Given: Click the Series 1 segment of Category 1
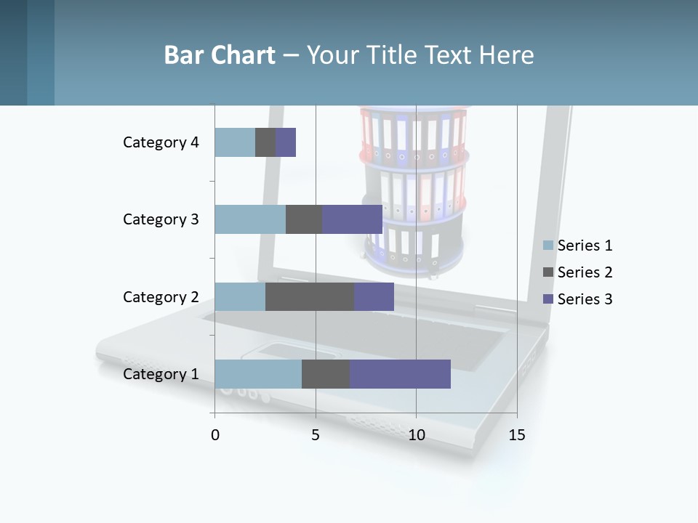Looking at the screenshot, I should (258, 374).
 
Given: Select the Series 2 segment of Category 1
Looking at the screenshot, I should (326, 374).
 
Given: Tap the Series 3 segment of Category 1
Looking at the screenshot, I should (400, 374).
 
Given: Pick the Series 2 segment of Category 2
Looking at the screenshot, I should (310, 296).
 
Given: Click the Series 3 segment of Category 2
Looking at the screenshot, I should (374, 296).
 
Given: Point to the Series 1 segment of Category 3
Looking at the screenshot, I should (250, 219).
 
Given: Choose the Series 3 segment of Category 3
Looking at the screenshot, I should (352, 219).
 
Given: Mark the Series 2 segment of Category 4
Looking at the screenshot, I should (265, 142).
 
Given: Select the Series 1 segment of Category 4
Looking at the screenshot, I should (235, 142).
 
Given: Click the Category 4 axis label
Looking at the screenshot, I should (161, 142).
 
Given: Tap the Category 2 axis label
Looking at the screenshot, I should (161, 296).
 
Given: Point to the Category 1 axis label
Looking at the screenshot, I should (161, 374).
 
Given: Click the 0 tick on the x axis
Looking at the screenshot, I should (215, 435).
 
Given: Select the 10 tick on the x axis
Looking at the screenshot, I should (416, 435).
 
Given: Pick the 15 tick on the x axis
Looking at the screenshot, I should (517, 435).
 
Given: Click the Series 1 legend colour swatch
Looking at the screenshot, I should (548, 246).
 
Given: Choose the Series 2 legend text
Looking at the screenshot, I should (585, 272).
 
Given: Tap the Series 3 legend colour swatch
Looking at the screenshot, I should (548, 299).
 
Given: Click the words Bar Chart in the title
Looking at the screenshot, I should (220, 55).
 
